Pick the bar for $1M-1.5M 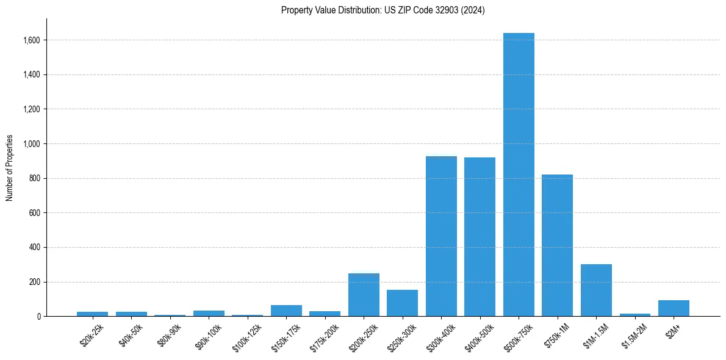pyautogui.click(x=596, y=290)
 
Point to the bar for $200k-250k pyautogui.click(x=364, y=295)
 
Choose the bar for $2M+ pyautogui.click(x=674, y=308)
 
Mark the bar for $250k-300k pyautogui.click(x=402, y=303)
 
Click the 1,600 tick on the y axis pyautogui.click(x=32, y=40)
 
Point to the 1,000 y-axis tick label pyautogui.click(x=32, y=144)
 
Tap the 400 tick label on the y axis pyautogui.click(x=35, y=248)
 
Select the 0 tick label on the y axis pyautogui.click(x=38, y=317)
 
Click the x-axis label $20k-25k pyautogui.click(x=92, y=334)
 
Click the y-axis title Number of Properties pyautogui.click(x=9, y=168)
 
